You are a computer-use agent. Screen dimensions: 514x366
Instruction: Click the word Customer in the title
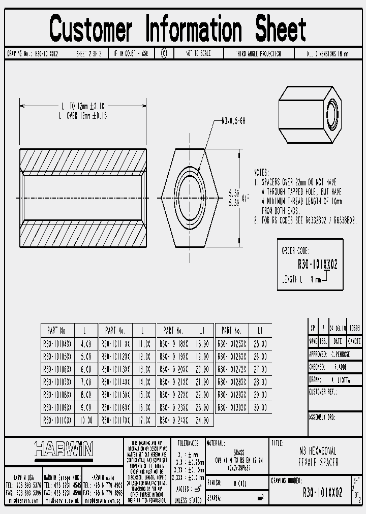click(91, 29)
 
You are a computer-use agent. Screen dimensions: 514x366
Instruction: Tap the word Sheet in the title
click(281, 29)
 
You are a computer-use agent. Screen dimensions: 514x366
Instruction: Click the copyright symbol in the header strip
click(164, 53)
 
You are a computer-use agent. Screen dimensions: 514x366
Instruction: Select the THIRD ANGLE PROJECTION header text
click(258, 53)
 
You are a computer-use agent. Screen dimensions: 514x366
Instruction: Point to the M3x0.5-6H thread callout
click(234, 121)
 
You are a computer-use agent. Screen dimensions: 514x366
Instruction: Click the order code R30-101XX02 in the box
click(317, 265)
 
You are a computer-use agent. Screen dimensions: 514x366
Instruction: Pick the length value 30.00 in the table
click(260, 407)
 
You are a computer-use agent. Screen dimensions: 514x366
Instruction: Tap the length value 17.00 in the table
click(144, 421)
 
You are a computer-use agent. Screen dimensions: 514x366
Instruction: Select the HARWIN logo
click(64, 449)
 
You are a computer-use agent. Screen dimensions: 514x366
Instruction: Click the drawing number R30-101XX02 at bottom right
click(322, 493)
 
